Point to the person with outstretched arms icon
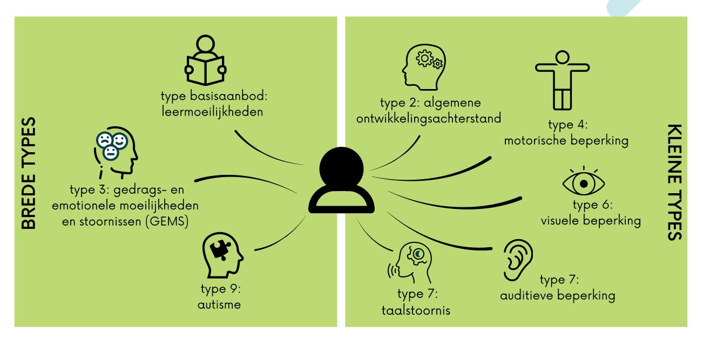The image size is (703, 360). tap(562, 79)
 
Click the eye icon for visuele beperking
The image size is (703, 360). tap(583, 182)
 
